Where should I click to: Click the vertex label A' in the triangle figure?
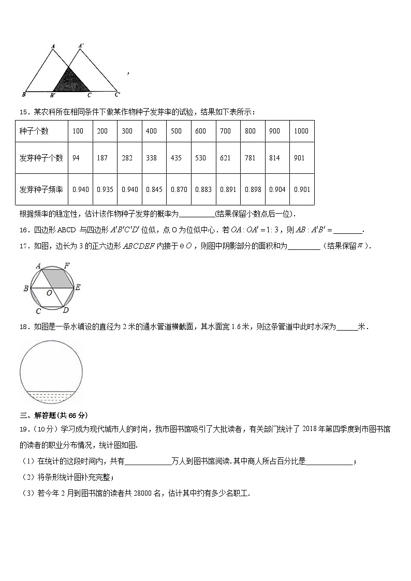[81, 46]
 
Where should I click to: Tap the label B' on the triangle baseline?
[53, 95]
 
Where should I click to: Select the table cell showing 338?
[151, 158]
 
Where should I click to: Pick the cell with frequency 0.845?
[154, 189]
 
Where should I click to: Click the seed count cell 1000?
[301, 131]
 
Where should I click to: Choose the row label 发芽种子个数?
[41, 158]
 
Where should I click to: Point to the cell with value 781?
[250, 158]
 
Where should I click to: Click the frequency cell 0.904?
[277, 189]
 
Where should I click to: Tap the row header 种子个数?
[34, 131]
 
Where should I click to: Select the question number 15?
[23, 112]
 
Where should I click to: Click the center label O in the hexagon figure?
[49, 293]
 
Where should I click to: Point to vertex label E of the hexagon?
[78, 288]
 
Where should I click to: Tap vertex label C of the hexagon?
[38, 311]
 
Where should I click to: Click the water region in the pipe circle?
[51, 396]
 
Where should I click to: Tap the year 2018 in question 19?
[311, 428]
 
